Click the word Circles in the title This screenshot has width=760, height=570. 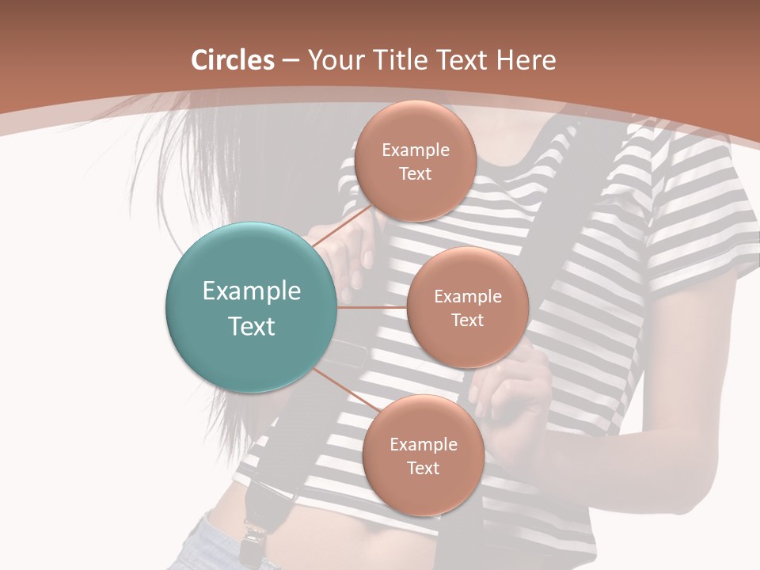tap(233, 60)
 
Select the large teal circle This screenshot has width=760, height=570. tap(251, 307)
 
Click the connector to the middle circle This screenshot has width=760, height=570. tap(371, 307)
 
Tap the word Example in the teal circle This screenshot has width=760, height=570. tap(251, 291)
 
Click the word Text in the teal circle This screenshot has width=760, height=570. tap(251, 326)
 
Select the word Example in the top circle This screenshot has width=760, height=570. tap(415, 150)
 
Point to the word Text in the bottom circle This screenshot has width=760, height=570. tap(423, 468)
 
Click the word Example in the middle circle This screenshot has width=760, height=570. tap(467, 297)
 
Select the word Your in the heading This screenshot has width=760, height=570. tap(334, 60)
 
